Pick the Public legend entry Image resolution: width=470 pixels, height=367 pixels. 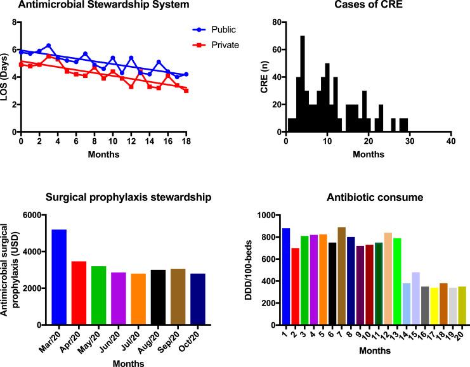(x=219, y=29)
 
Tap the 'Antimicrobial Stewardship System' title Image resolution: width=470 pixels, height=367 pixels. (x=95, y=6)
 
